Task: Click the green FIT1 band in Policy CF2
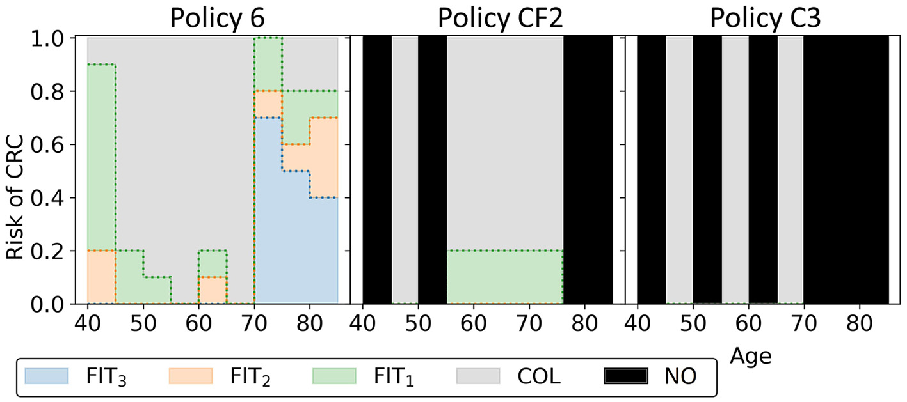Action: pos(504,278)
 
